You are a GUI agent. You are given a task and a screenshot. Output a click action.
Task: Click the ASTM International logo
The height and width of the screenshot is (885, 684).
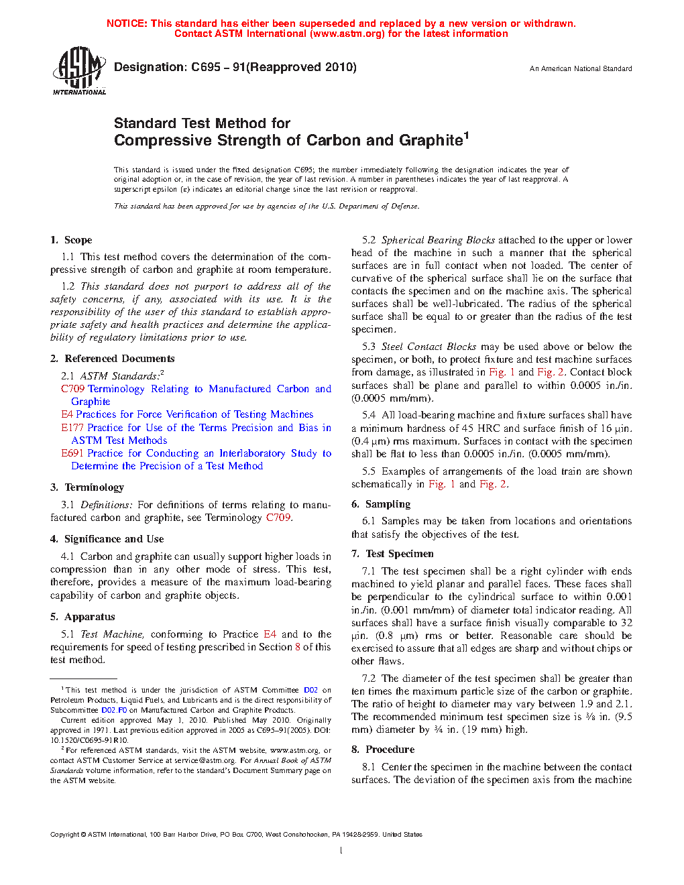click(x=79, y=70)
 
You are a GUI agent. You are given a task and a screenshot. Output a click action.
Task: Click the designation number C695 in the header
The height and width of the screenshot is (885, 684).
click(x=206, y=67)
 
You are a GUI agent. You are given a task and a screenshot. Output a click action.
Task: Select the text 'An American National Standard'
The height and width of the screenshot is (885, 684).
click(x=581, y=68)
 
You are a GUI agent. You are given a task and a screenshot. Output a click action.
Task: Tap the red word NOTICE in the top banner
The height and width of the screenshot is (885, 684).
click(x=127, y=23)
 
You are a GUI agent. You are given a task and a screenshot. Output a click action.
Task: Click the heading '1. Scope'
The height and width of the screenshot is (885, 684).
click(x=71, y=240)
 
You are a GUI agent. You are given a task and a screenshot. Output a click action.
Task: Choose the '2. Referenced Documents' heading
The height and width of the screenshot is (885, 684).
click(x=112, y=359)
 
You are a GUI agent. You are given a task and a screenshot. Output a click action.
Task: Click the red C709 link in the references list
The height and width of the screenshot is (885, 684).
click(x=72, y=389)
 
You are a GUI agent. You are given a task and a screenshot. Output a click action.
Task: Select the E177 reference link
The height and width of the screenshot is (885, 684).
click(x=72, y=428)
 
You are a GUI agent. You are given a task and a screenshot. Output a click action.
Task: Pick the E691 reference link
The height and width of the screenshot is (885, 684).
click(x=72, y=453)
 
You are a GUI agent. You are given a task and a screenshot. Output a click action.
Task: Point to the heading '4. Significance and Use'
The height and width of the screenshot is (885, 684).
click(x=107, y=539)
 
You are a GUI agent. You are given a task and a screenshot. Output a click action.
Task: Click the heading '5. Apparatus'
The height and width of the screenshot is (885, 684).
click(x=82, y=617)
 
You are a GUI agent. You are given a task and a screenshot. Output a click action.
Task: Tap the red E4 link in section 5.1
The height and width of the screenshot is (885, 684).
click(x=270, y=634)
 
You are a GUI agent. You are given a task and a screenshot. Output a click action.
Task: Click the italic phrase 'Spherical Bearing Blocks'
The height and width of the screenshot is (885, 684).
click(x=438, y=240)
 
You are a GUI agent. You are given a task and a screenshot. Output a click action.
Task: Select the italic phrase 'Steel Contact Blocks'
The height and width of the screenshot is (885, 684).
click(x=429, y=347)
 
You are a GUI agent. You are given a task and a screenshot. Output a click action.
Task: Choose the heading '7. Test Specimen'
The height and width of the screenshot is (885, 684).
click(x=392, y=554)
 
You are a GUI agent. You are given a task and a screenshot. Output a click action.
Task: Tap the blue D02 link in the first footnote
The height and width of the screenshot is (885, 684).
click(x=310, y=690)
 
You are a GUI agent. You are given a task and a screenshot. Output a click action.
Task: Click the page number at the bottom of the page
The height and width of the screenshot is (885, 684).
click(x=341, y=851)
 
